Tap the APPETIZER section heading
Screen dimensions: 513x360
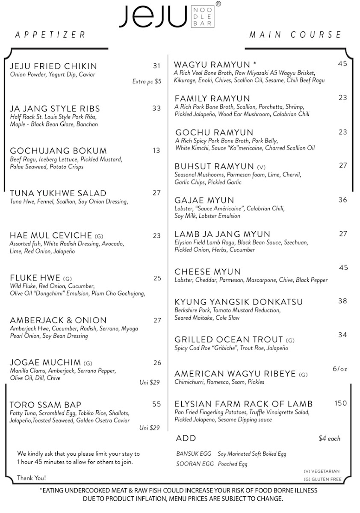(x=50, y=35)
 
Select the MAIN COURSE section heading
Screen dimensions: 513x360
(x=295, y=35)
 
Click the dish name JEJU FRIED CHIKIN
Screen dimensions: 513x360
(x=53, y=66)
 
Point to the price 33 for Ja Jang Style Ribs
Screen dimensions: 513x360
(x=156, y=109)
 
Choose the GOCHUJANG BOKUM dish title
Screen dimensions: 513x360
(x=58, y=151)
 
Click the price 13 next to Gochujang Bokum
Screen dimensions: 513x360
(x=156, y=150)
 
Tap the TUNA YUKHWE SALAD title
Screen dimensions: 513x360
(x=58, y=193)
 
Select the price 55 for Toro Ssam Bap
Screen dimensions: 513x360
(x=156, y=404)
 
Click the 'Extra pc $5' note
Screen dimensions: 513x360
(x=147, y=81)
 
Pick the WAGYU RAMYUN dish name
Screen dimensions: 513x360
(x=212, y=65)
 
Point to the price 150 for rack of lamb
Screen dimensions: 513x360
(x=341, y=403)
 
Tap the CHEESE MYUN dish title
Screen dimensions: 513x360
(x=207, y=272)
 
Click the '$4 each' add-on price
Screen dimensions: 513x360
(x=329, y=439)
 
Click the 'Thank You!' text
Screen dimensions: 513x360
(x=32, y=478)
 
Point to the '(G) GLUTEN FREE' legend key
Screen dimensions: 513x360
(x=322, y=479)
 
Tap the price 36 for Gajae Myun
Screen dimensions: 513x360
(x=342, y=200)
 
